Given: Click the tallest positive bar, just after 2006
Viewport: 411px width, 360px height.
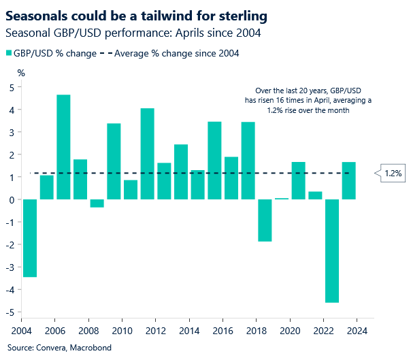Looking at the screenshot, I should (x=63, y=147).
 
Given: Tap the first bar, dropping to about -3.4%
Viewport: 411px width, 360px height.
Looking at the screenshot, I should (x=29, y=238).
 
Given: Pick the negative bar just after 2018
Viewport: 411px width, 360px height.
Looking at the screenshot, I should (x=265, y=220).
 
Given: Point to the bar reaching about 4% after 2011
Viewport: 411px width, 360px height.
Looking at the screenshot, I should (x=148, y=154).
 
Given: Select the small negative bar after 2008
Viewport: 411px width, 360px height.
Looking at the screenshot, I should (x=97, y=203).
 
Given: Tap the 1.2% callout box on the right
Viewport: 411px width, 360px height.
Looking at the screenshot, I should (x=392, y=174).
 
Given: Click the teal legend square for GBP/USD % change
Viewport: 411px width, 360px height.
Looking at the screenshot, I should (x=9, y=53).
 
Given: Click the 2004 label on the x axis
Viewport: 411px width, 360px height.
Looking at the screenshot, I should (x=21, y=331).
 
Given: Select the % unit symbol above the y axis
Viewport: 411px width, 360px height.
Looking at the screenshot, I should (x=21, y=72).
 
